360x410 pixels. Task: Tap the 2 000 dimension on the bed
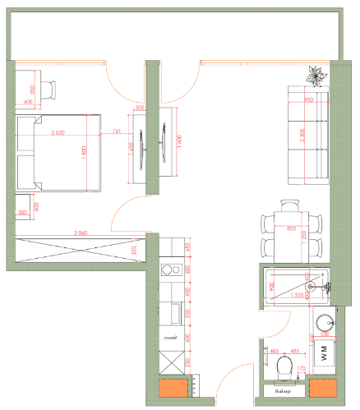[58, 132]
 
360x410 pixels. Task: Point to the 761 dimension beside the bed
[116, 131]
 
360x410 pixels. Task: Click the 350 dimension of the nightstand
[23, 213]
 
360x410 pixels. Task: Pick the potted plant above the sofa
[315, 76]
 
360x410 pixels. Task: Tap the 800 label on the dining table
[290, 230]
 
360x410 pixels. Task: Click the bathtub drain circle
[312, 285]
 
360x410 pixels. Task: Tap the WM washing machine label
[323, 354]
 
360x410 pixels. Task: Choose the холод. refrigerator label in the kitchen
[172, 338]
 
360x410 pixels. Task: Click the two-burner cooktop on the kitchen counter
[172, 269]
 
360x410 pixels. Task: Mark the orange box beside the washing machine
[323, 388]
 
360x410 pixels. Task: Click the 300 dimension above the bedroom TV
[139, 108]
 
